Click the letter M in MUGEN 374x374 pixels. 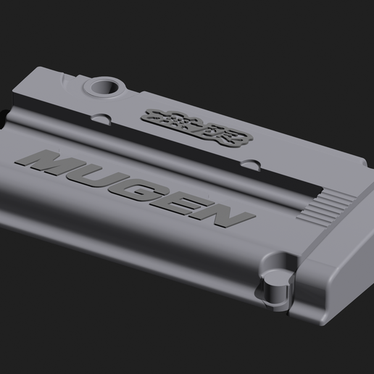tap(55, 162)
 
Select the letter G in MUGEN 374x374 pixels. tap(145, 187)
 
